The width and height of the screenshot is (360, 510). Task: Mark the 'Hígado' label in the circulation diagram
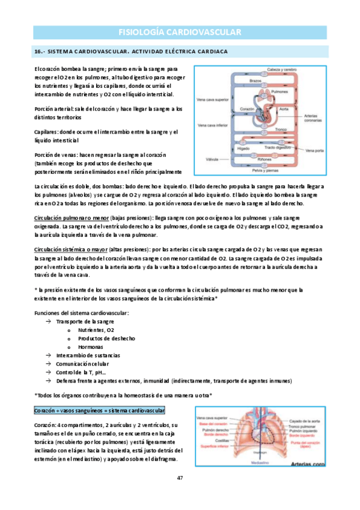coord(243,147)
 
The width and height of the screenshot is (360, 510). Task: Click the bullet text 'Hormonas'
coord(91,347)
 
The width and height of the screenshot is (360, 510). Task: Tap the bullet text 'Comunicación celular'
coord(82,364)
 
